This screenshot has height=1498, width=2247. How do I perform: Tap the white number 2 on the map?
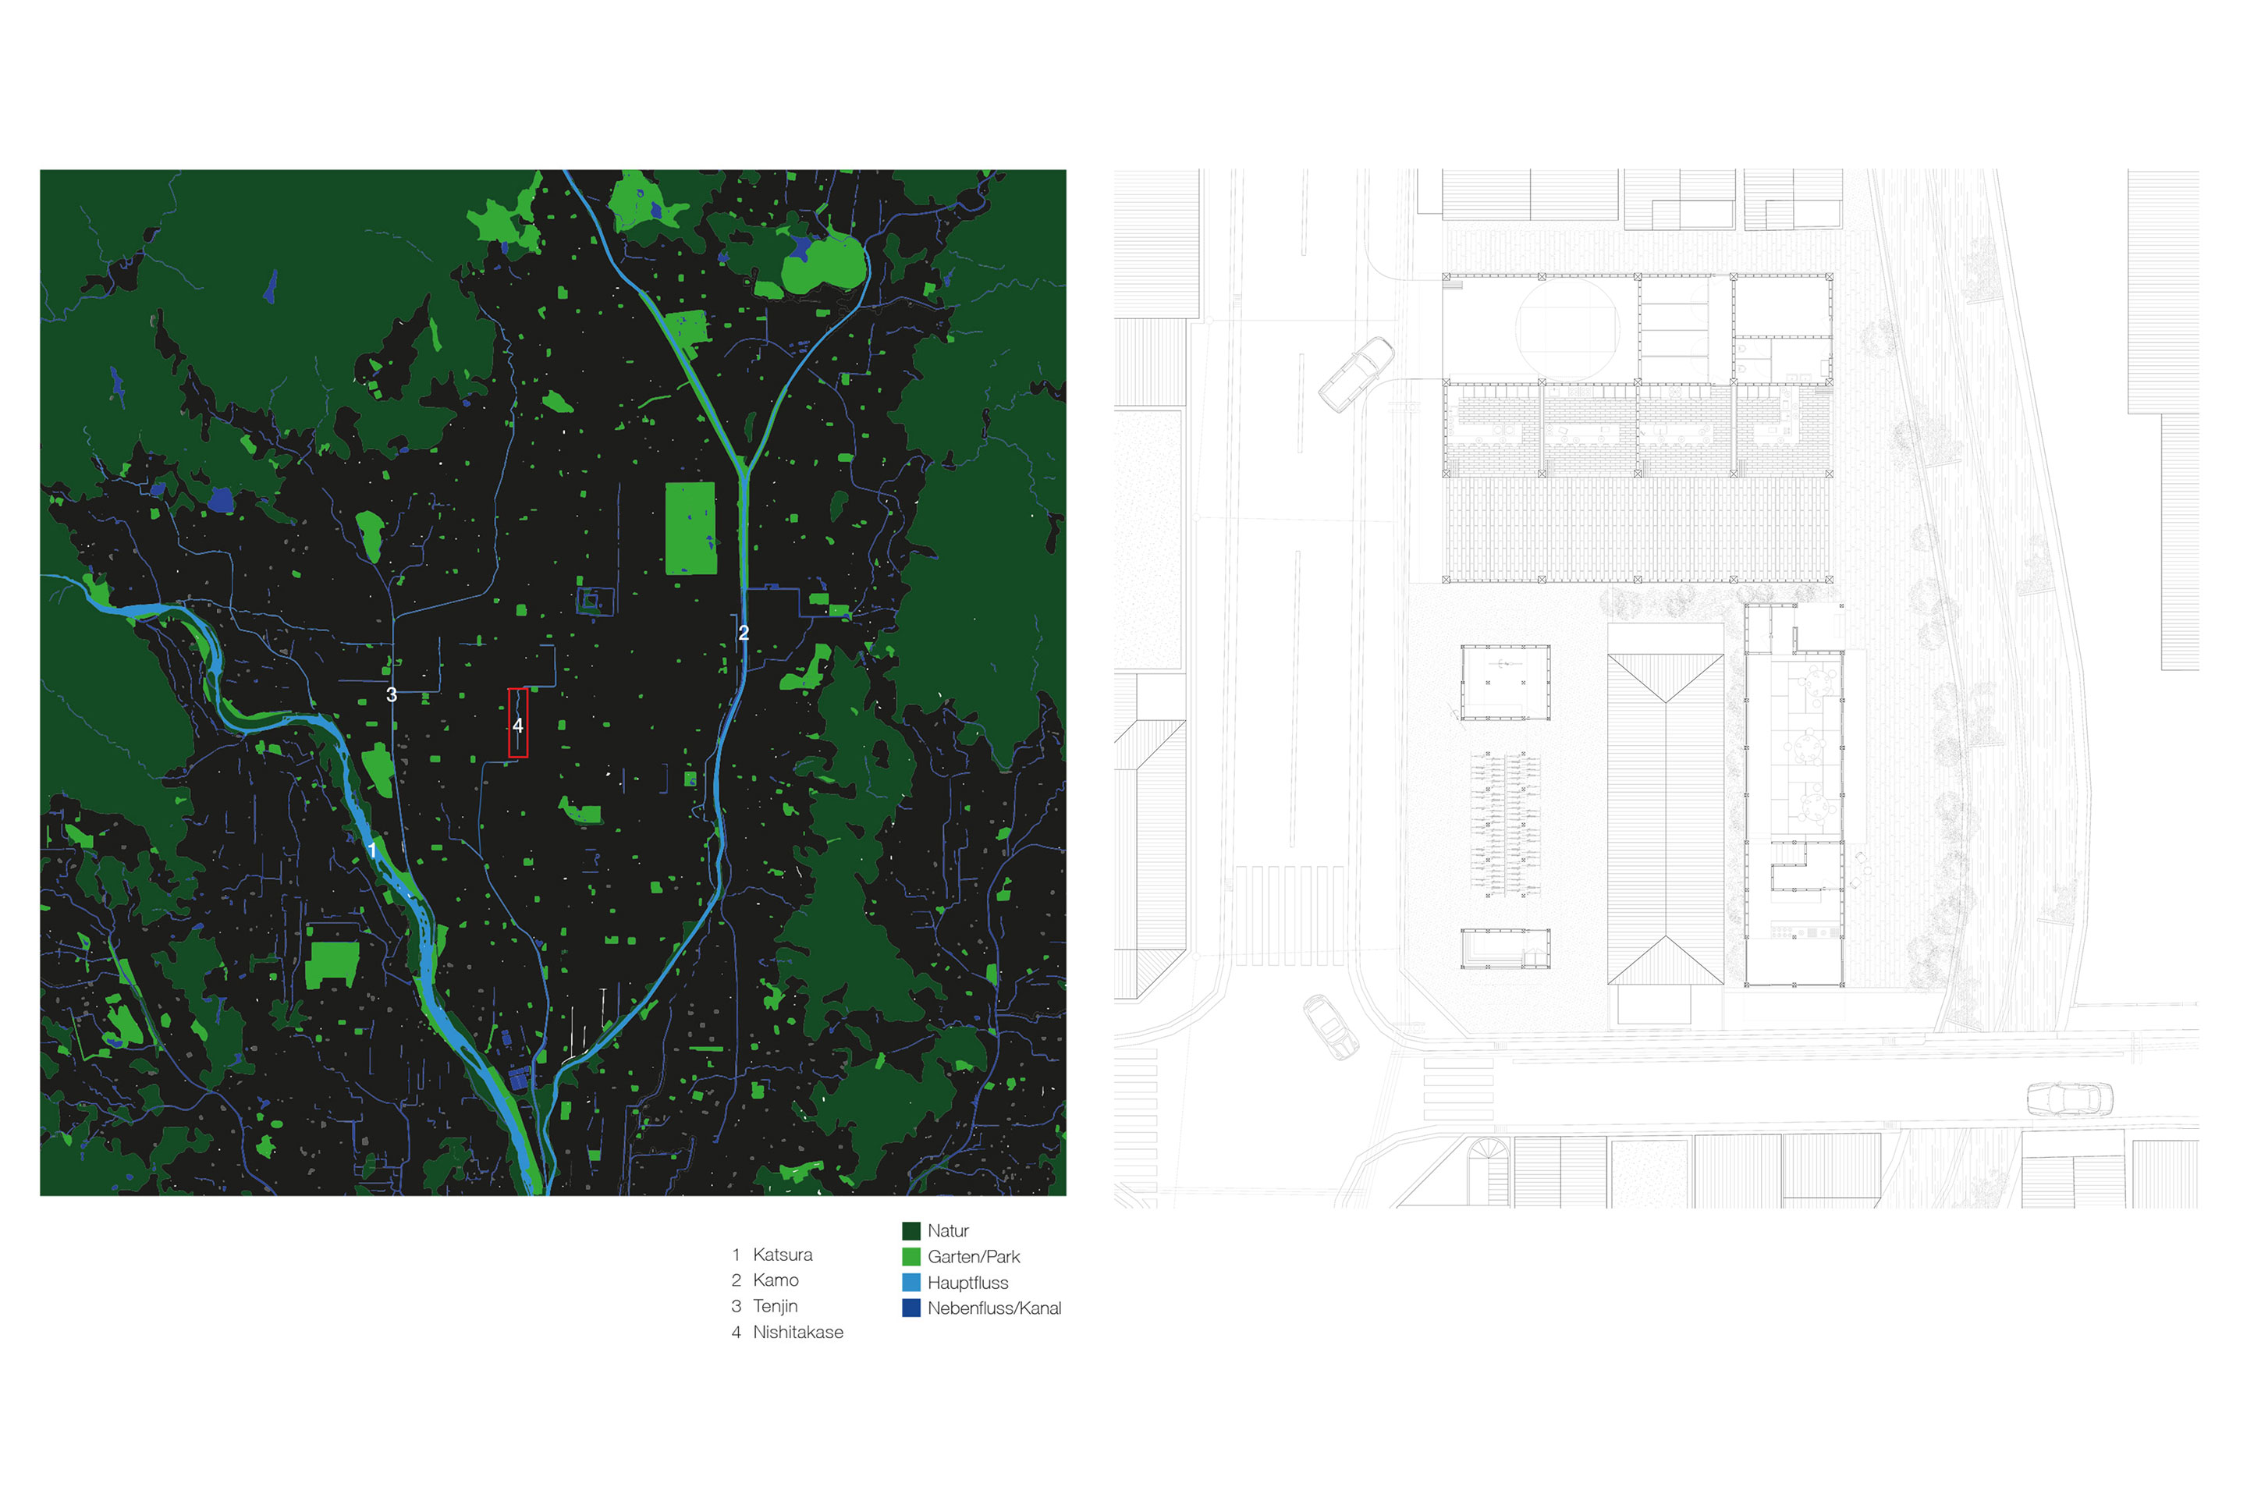point(744,633)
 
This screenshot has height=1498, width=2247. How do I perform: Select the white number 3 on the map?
point(391,694)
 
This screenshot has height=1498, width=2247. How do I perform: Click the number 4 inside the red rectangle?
point(518,725)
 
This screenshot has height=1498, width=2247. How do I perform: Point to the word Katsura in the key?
point(783,1255)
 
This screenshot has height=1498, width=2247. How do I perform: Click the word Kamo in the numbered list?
point(775,1280)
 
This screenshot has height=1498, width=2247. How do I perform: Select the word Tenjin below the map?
point(775,1306)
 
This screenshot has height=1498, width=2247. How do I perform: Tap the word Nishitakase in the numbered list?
point(797,1332)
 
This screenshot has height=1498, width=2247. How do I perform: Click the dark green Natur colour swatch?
point(911,1230)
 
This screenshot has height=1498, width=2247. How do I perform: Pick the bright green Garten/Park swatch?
point(911,1256)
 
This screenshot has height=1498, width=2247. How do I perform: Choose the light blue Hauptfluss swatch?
point(911,1282)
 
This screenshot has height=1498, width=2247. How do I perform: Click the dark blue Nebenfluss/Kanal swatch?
point(911,1308)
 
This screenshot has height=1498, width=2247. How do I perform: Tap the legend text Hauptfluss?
point(967,1282)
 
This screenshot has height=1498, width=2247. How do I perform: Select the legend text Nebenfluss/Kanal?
point(993,1308)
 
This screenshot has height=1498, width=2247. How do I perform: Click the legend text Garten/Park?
point(974,1256)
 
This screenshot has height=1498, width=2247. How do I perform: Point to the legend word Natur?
point(948,1230)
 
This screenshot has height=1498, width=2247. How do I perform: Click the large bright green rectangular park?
point(690,528)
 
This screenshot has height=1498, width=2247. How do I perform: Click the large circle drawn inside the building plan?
point(1567,327)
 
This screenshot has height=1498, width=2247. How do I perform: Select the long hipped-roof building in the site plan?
point(1665,818)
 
